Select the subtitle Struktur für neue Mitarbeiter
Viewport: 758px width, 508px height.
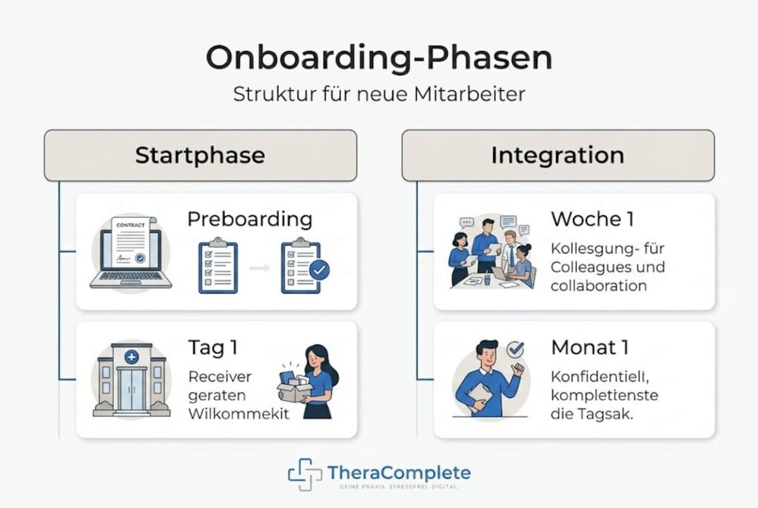(x=379, y=94)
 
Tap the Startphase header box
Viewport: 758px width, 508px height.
(x=201, y=155)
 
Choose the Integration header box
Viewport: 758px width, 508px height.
(x=558, y=155)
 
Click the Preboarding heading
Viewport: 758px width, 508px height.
(x=250, y=219)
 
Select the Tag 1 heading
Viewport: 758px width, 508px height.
(x=212, y=348)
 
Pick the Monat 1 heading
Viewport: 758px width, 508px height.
(x=590, y=348)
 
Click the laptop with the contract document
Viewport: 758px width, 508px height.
(x=131, y=253)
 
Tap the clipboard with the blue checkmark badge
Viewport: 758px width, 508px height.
(x=305, y=265)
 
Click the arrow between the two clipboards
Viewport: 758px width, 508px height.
(x=260, y=268)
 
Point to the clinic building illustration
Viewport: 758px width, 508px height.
(x=132, y=380)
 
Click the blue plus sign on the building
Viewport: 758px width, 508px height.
(x=132, y=357)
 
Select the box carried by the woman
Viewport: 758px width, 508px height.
(x=293, y=386)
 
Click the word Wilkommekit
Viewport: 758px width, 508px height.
(x=239, y=414)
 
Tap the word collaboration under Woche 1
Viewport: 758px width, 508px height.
(x=598, y=285)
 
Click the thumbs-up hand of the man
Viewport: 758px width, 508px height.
(x=517, y=370)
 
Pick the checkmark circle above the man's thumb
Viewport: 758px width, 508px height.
(x=515, y=348)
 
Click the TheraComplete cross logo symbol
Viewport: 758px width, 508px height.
(x=304, y=474)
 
